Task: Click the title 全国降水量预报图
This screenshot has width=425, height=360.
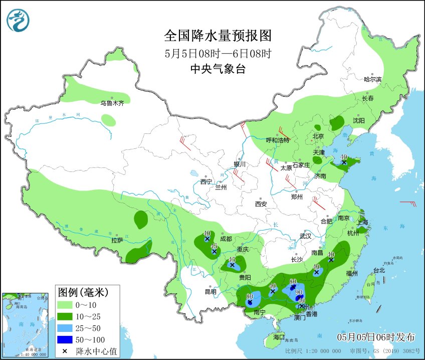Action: (x=218, y=36)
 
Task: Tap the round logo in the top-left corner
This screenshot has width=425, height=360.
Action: (x=18, y=21)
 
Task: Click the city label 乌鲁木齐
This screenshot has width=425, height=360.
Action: (x=112, y=103)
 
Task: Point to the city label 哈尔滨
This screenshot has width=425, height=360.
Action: (x=372, y=79)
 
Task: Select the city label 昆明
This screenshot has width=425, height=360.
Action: (x=210, y=292)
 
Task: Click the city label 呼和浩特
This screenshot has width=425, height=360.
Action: (x=278, y=140)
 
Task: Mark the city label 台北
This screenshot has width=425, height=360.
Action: (x=379, y=270)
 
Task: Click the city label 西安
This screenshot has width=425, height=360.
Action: (x=261, y=204)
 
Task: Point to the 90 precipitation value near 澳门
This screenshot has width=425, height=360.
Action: (x=299, y=292)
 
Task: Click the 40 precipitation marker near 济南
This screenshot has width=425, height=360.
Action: (x=344, y=157)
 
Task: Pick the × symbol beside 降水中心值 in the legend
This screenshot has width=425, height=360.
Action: (x=65, y=350)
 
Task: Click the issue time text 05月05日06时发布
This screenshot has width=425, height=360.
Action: (x=375, y=336)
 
